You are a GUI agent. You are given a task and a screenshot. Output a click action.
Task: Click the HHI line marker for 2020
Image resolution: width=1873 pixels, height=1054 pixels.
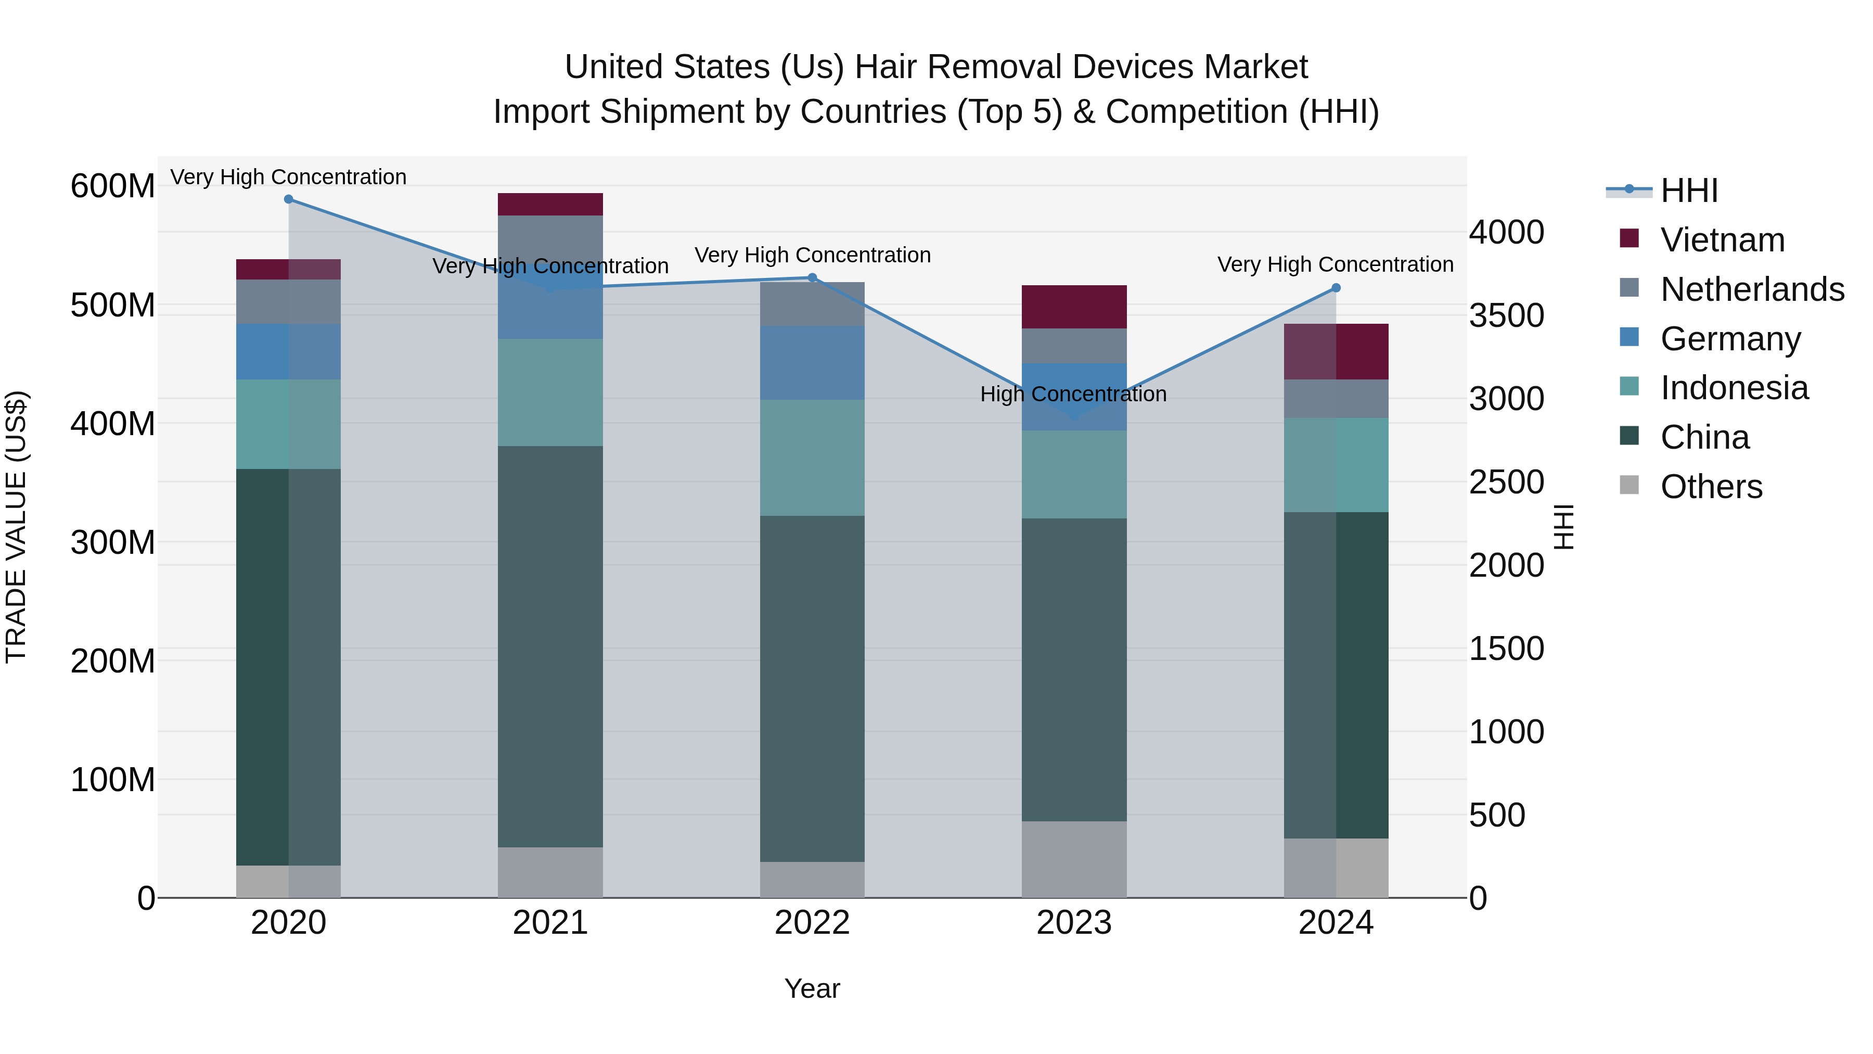click(x=289, y=199)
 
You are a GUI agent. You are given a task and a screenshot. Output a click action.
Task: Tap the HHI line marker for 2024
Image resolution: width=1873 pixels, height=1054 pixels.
click(x=1336, y=288)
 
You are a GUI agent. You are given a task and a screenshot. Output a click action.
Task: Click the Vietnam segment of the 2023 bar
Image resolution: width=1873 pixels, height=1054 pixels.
click(x=1074, y=307)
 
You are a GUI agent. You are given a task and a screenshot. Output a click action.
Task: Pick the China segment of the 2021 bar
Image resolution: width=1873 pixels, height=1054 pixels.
click(x=550, y=646)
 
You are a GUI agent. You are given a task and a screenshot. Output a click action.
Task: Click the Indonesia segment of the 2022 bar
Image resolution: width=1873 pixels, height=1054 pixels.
click(x=812, y=458)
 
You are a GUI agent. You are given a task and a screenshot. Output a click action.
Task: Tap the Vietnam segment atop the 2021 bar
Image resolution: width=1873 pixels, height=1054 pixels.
click(x=550, y=205)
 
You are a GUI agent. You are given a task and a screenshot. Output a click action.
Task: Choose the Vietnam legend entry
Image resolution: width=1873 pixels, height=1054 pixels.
click(x=1722, y=240)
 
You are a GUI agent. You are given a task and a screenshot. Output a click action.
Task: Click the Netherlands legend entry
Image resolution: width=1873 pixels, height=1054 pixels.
click(x=1751, y=289)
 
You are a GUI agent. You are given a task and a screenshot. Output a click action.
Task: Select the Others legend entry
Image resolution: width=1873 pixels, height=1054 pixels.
click(x=1711, y=487)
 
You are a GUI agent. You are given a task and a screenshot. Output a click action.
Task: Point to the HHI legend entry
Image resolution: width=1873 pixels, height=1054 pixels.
click(x=1688, y=191)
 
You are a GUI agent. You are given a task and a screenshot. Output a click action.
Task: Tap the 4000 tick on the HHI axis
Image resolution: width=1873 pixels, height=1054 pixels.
click(x=1506, y=233)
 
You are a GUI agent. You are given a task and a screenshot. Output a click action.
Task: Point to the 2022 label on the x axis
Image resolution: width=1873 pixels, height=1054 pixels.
click(x=812, y=923)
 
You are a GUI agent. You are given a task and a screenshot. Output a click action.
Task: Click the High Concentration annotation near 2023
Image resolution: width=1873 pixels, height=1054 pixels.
click(x=1073, y=394)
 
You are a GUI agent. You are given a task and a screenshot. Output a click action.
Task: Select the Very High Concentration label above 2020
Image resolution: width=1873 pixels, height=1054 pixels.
click(x=289, y=177)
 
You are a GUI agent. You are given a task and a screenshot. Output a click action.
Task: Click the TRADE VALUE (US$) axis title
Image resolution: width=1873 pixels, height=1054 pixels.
click(x=16, y=527)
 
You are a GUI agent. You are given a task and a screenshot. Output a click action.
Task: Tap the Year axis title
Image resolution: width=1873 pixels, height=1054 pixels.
click(x=812, y=988)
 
